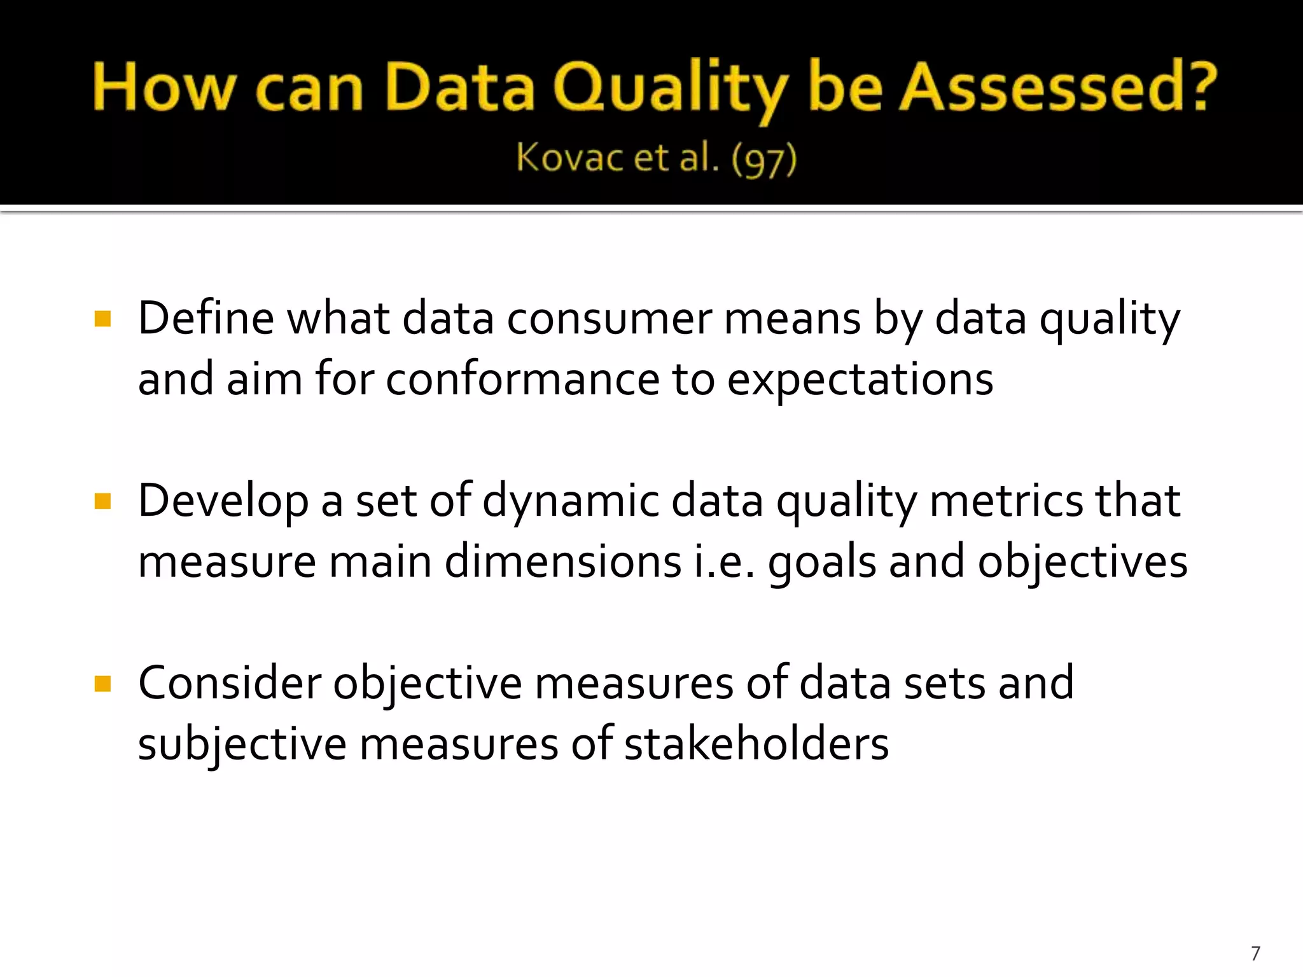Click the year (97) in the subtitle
(x=763, y=158)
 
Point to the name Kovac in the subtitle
(x=569, y=157)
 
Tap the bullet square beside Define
(x=102, y=318)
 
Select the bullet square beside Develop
(x=102, y=501)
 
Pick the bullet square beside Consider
(x=102, y=684)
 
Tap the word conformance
(x=523, y=379)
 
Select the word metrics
(x=1006, y=501)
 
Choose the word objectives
(x=1082, y=562)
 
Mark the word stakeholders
(x=756, y=744)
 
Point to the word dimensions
(x=563, y=562)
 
